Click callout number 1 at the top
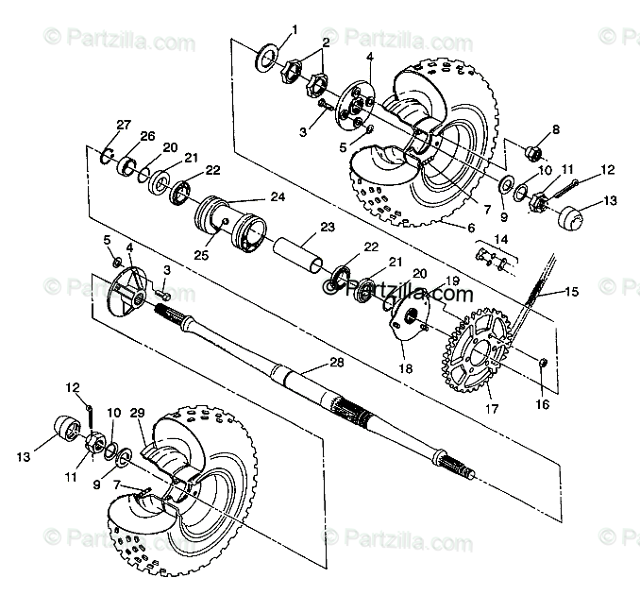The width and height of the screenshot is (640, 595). [x=295, y=29]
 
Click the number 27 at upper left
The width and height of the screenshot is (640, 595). [x=123, y=126]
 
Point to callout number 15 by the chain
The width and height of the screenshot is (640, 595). [x=572, y=291]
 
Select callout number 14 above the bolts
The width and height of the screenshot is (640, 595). [x=501, y=240]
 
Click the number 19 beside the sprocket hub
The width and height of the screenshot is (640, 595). [x=452, y=280]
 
